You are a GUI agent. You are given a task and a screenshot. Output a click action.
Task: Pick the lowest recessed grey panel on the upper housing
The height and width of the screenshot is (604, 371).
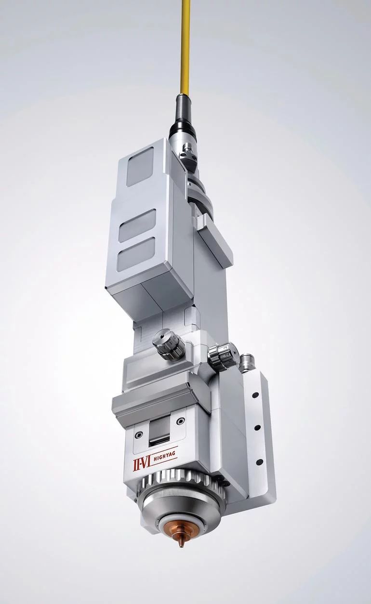[137, 254]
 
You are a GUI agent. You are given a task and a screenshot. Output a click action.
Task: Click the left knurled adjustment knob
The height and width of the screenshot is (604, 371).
[169, 346]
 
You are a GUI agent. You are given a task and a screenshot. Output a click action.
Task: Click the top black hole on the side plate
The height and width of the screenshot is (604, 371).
[254, 395]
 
